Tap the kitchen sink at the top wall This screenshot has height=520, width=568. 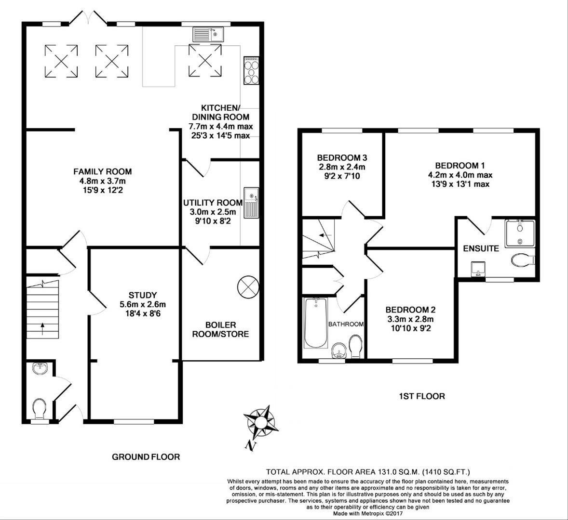(207, 34)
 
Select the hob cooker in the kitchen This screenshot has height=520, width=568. (251, 71)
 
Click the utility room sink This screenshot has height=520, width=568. (251, 203)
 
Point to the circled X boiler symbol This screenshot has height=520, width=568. (248, 287)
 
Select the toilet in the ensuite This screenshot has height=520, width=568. (523, 260)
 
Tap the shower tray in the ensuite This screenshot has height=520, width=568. (520, 234)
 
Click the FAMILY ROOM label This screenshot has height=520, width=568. (102, 171)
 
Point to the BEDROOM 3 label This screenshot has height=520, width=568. (342, 158)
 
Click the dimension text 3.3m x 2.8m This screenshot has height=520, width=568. (410, 319)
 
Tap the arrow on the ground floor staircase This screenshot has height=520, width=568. (42, 329)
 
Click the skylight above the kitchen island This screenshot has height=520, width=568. (205, 61)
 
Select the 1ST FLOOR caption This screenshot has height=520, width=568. (421, 396)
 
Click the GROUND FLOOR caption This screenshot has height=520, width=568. (146, 456)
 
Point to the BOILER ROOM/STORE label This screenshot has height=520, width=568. (220, 329)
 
